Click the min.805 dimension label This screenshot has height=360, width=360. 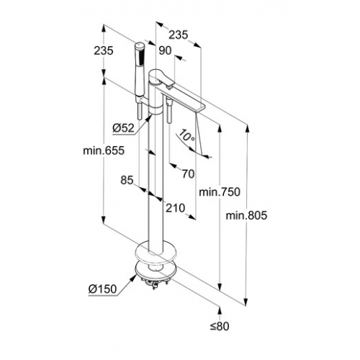point(246,215)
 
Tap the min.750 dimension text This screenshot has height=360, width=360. point(220,192)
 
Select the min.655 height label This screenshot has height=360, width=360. point(104,150)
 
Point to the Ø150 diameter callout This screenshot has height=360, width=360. point(102,289)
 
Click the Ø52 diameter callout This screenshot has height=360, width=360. point(123,128)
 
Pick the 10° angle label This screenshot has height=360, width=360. point(186,136)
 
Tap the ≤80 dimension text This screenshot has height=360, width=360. point(220,326)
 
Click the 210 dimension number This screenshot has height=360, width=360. point(176,208)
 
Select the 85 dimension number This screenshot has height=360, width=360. point(127,180)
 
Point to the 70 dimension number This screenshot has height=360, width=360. point(188,174)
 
